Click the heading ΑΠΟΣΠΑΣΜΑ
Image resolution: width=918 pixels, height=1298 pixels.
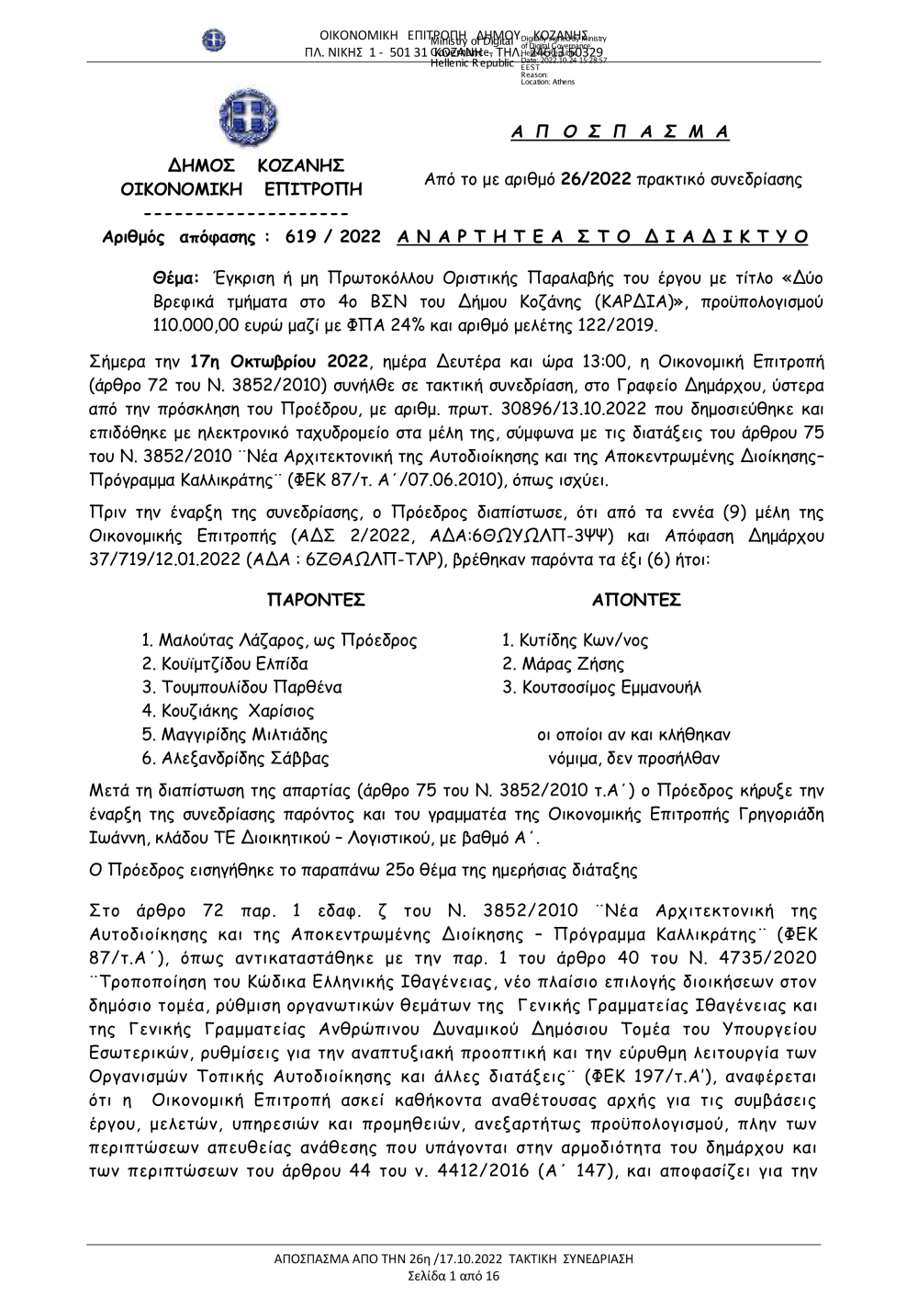[x=620, y=131]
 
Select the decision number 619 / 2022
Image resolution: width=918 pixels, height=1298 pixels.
[x=332, y=237]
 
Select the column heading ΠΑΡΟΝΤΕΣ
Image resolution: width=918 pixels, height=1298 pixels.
[x=316, y=601]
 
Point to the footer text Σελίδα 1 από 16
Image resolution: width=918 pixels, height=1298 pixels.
[x=453, y=1277]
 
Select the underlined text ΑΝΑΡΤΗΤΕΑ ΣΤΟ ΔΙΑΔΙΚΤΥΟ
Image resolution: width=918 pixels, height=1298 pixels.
[x=604, y=237]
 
